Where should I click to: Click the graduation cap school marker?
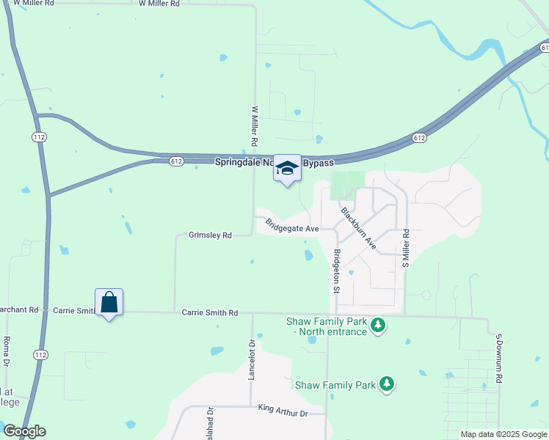[287, 169]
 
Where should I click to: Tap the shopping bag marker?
[109, 302]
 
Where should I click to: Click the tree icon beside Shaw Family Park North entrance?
[378, 324]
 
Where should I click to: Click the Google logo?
[24, 431]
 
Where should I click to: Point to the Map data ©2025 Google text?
[503, 434]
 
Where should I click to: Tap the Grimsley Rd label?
[210, 235]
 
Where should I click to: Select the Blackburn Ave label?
[359, 228]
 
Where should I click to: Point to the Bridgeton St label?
[336, 271]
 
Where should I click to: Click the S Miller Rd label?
[404, 249]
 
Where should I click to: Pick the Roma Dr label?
[6, 353]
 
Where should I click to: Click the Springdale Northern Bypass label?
[274, 162]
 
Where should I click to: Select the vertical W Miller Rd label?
[255, 125]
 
